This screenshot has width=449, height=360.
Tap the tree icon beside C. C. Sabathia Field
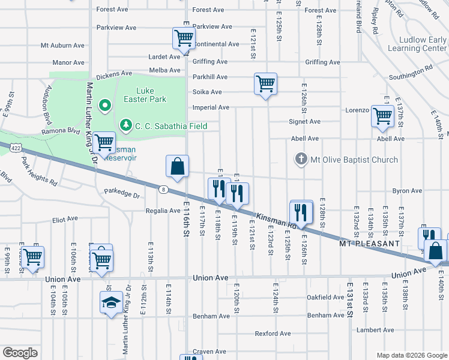[126, 125]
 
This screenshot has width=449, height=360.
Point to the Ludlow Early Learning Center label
[417, 44]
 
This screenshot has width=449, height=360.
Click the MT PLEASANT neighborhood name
[369, 244]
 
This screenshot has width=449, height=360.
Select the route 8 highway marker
[163, 190]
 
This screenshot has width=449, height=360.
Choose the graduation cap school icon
[111, 302]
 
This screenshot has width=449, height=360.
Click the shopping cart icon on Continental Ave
[184, 38]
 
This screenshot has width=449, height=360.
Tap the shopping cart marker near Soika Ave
[265, 83]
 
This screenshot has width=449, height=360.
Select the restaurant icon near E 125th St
[301, 212]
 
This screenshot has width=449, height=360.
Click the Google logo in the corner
[20, 353]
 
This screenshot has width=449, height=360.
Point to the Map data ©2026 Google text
[411, 355]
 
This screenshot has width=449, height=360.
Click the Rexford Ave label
[273, 334]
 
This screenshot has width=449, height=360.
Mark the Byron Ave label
[407, 191]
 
